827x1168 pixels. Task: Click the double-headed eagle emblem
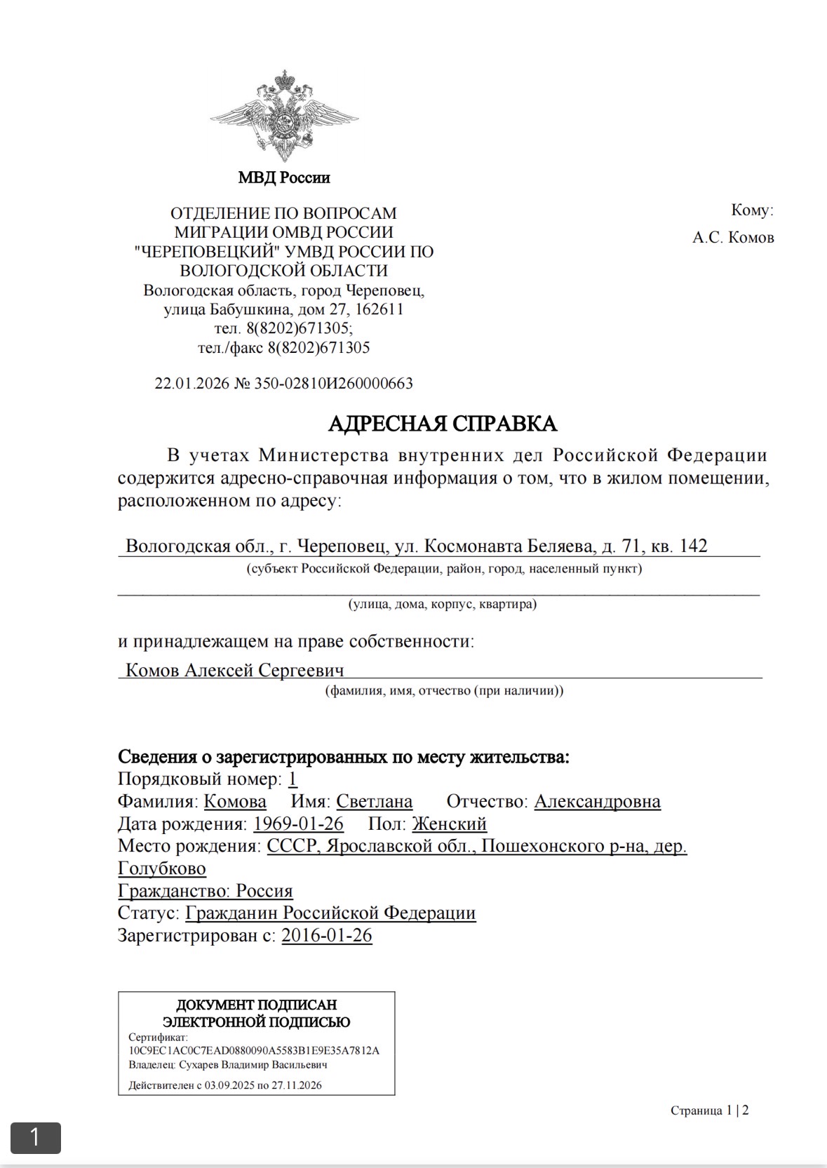click(284, 116)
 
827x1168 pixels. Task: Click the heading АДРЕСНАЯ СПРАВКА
click(443, 424)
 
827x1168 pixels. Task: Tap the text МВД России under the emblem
click(284, 177)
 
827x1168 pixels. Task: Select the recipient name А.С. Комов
click(733, 238)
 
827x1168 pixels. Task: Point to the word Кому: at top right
click(752, 210)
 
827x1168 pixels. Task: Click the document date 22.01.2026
click(191, 384)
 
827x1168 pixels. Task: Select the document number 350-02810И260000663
click(333, 384)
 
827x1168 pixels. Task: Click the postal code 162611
click(379, 309)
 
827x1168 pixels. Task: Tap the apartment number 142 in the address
click(693, 546)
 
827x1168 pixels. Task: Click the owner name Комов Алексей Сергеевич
click(234, 670)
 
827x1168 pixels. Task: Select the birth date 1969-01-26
click(298, 824)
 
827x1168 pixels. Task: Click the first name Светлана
click(374, 801)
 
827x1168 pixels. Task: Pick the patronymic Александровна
click(597, 801)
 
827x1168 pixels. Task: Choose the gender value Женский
click(449, 824)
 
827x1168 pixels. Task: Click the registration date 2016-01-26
click(327, 936)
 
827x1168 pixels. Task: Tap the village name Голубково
click(162, 868)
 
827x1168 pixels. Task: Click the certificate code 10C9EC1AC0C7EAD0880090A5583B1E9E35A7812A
click(254, 1051)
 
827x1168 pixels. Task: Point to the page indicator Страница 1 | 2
click(709, 1110)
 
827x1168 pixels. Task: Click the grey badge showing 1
click(35, 1137)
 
